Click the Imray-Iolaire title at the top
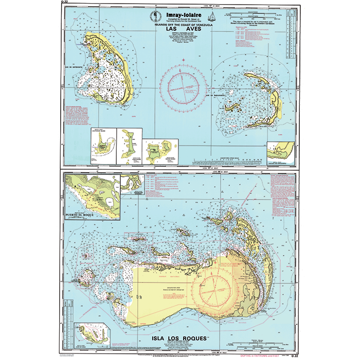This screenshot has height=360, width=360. click(x=181, y=15)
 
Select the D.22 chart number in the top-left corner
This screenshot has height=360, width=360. click(x=64, y=3)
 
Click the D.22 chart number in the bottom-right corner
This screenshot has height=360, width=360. click(x=295, y=356)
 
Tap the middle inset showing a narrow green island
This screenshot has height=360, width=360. click(x=128, y=143)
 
